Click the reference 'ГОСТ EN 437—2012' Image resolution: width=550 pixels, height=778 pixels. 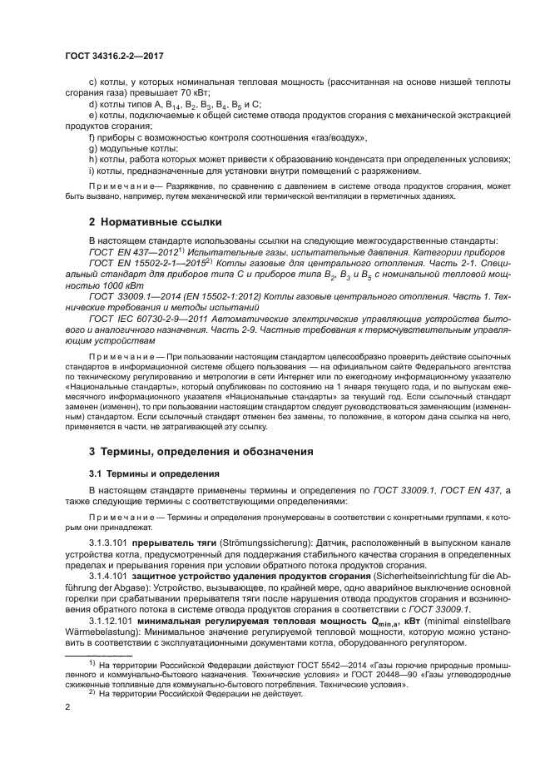138,250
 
